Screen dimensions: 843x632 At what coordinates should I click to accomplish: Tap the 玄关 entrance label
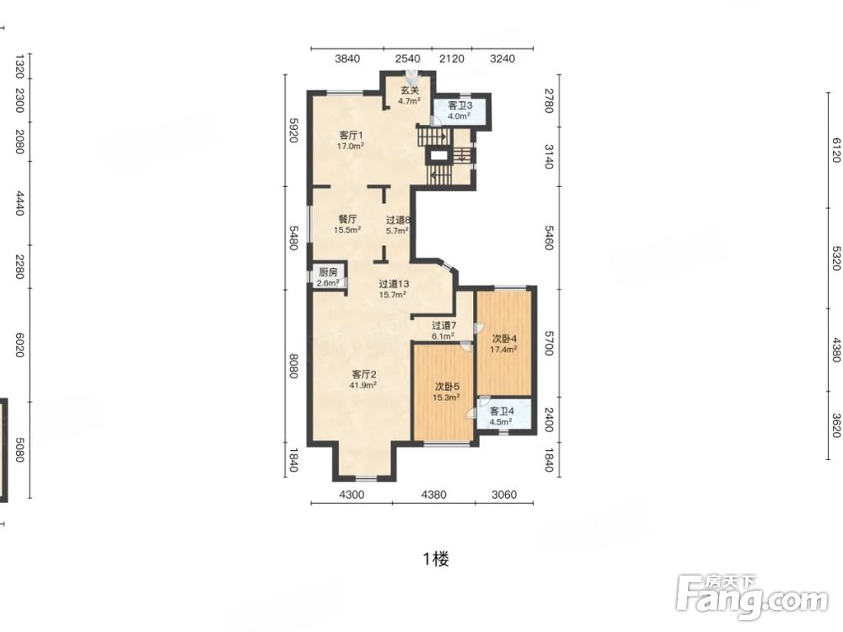409,90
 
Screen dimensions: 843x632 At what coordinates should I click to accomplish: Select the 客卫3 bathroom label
460,105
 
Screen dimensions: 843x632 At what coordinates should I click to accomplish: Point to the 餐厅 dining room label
347,219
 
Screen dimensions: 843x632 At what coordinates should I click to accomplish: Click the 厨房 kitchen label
328,272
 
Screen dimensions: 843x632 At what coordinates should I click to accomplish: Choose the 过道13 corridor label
394,284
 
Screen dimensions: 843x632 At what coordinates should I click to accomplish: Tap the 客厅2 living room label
364,374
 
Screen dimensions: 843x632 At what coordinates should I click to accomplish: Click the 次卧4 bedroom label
504,339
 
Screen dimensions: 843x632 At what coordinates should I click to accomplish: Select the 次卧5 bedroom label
447,387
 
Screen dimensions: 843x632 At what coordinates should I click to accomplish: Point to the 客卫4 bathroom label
502,411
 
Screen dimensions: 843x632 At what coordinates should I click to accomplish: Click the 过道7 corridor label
444,325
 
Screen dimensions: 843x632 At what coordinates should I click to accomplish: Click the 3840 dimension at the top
347,59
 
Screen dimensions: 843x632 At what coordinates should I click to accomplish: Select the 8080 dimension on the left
293,366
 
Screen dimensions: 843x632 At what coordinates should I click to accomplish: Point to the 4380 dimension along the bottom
433,495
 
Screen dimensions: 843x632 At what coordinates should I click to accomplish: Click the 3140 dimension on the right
549,157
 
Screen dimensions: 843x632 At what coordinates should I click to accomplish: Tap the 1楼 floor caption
436,560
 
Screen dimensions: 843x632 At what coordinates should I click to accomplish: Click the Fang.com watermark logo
753,597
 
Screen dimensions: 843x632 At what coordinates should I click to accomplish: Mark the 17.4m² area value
503,350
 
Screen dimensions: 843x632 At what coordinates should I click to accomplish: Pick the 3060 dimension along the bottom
504,495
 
